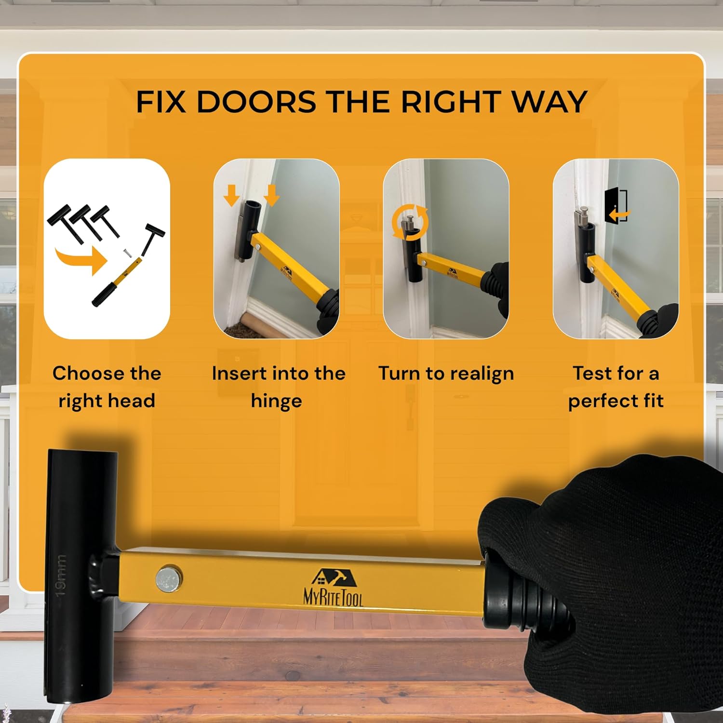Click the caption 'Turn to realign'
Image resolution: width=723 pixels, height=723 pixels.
click(446, 374)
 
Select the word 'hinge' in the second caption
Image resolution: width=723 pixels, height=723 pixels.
click(276, 402)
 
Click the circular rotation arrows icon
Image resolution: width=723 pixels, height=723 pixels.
click(410, 222)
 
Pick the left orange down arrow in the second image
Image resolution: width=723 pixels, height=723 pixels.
click(232, 195)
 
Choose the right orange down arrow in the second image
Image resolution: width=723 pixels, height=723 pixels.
click(271, 195)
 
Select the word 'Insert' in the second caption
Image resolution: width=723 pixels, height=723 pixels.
click(239, 374)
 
